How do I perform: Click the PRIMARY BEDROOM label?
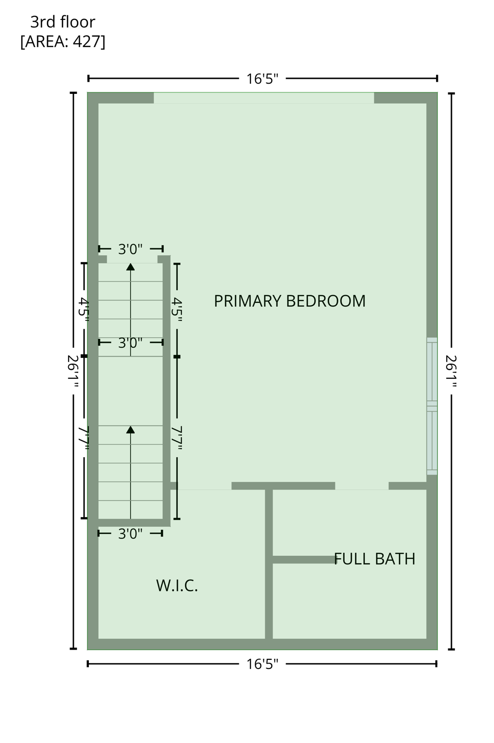tap(290, 301)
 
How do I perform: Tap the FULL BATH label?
tap(375, 559)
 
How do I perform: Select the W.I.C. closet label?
tap(177, 586)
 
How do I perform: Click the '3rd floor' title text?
tap(63, 22)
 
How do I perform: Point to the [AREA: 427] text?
tap(63, 42)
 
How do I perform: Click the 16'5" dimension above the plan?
tap(262, 79)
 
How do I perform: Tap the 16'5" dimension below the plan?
tap(262, 664)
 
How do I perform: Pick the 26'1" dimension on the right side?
tap(451, 371)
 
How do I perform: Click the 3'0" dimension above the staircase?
tap(131, 249)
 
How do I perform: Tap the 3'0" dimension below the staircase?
tap(131, 534)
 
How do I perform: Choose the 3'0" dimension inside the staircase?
tap(131, 343)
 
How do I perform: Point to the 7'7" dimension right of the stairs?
tap(177, 438)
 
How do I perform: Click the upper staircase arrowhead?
tap(131, 267)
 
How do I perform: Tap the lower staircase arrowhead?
tap(131, 430)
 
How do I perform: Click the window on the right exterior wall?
tap(432, 406)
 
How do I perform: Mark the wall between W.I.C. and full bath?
tap(269, 564)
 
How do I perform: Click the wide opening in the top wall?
tap(263, 98)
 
